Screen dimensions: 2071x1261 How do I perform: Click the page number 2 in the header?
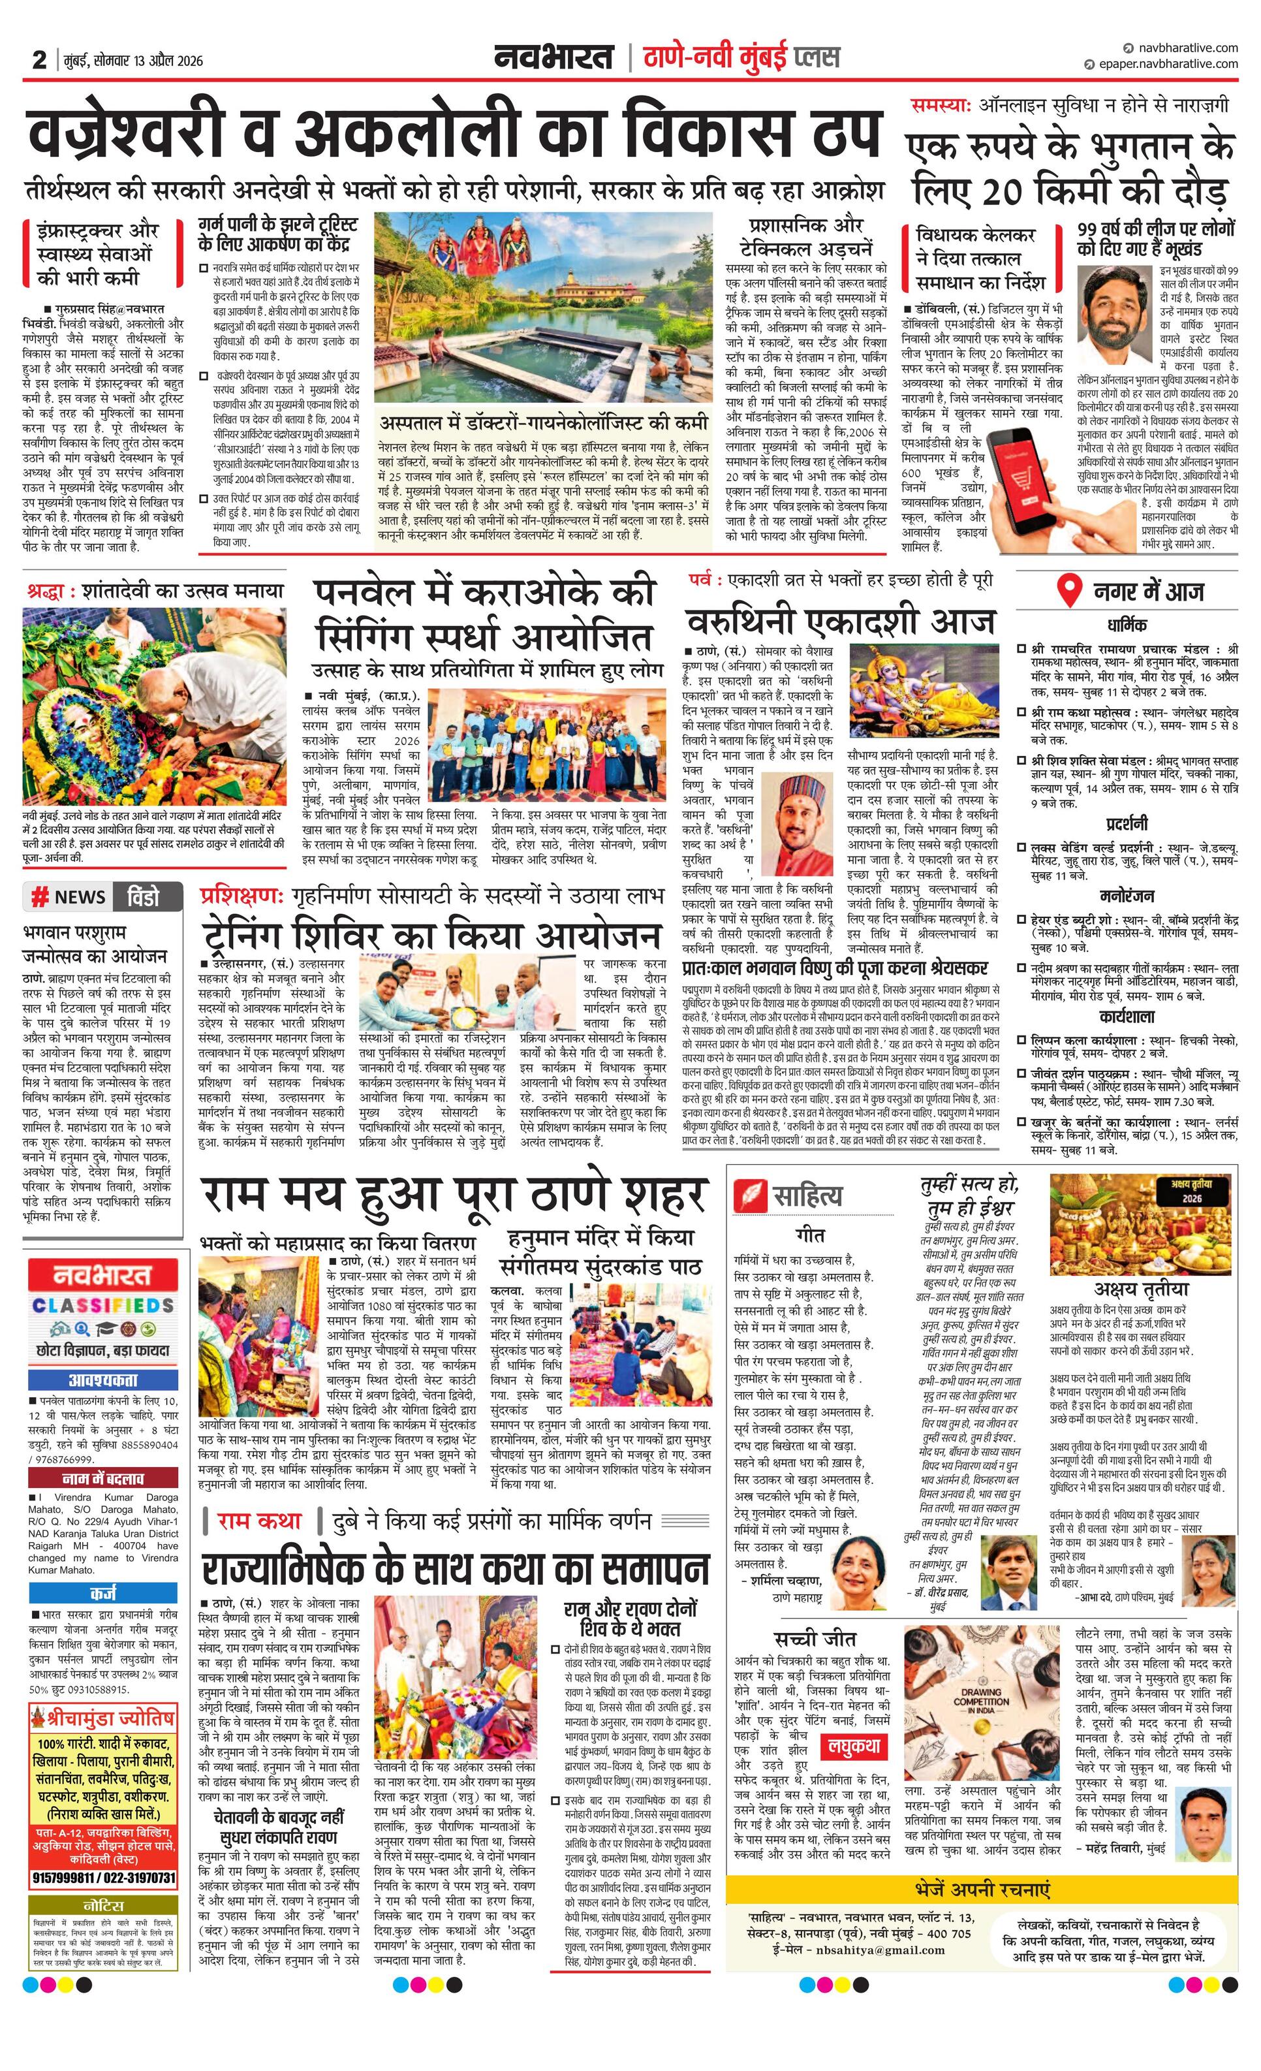[x=39, y=59]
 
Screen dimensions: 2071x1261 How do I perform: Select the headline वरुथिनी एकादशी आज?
[x=840, y=623]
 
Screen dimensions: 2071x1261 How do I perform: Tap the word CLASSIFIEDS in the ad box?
[x=103, y=1305]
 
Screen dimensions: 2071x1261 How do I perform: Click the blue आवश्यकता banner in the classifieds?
[x=103, y=1380]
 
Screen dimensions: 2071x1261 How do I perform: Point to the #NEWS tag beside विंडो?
[x=68, y=897]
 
